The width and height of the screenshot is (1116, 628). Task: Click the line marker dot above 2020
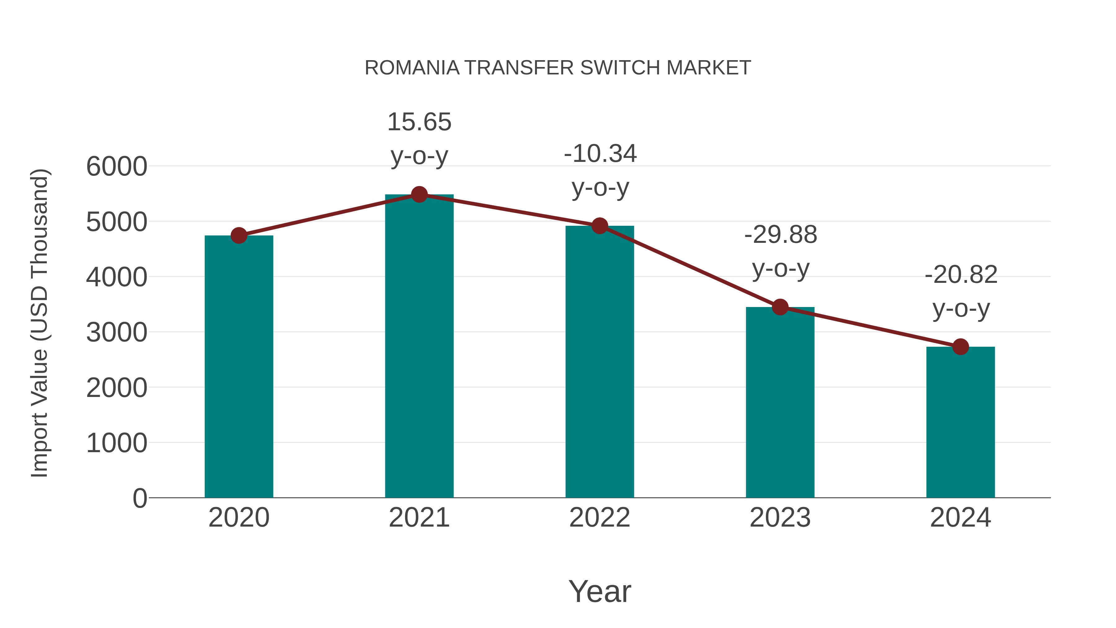239,236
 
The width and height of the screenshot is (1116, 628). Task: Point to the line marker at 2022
600,226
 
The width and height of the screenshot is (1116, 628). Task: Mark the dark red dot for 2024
960,347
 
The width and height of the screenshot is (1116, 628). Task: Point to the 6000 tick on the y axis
117,167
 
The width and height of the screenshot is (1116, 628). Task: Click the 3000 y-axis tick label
117,332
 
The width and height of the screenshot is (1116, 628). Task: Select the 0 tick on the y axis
140,498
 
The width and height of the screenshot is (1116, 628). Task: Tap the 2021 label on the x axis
419,518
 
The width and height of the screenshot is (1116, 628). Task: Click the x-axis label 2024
960,518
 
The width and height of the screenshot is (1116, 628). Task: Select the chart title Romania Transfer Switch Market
558,68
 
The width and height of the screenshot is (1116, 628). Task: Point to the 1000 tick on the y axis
117,443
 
